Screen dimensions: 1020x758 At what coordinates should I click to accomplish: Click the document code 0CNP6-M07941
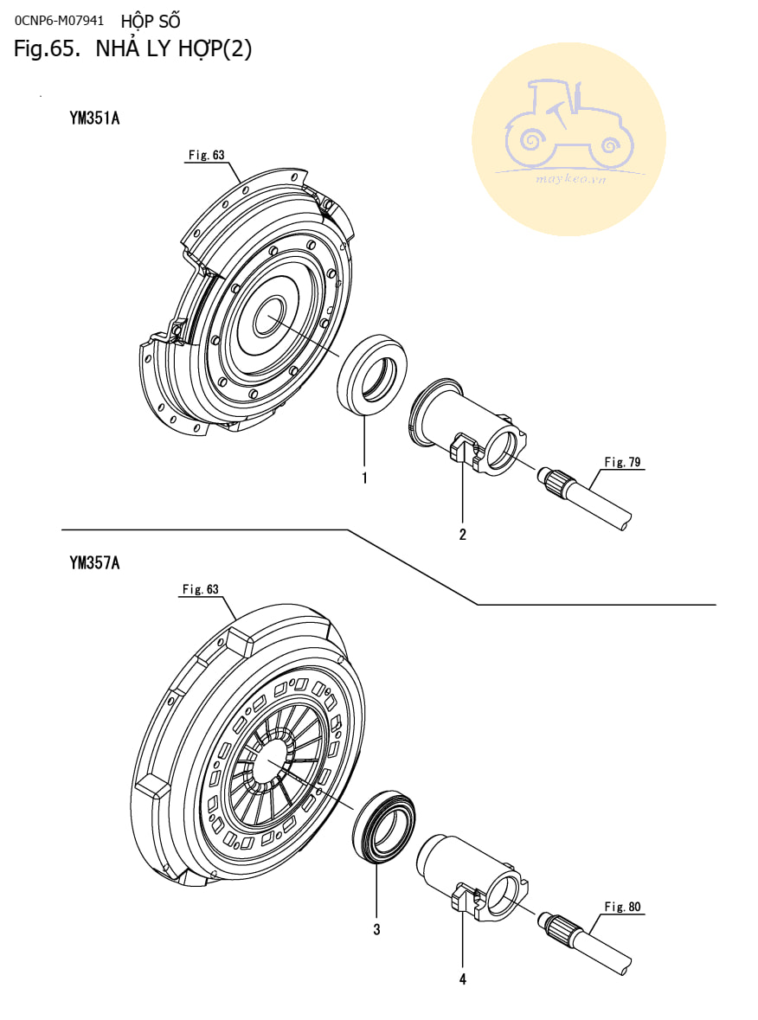[x=59, y=18]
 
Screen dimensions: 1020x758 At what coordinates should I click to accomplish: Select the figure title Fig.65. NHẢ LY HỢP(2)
[x=132, y=49]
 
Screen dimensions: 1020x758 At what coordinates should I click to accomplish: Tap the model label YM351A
[x=94, y=119]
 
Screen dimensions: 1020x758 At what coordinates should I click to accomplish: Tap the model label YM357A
[x=94, y=563]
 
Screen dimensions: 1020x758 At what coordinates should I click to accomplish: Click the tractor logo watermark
[x=568, y=139]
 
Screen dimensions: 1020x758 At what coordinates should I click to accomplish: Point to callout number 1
[x=365, y=478]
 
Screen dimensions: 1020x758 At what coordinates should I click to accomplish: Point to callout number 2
[x=463, y=534]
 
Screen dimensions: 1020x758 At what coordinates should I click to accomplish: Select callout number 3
[x=376, y=930]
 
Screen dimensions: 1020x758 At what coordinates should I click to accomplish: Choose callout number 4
[x=463, y=979]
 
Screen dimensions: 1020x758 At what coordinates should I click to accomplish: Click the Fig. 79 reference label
[x=622, y=462]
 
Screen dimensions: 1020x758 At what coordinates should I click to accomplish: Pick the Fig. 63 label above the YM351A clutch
[x=206, y=155]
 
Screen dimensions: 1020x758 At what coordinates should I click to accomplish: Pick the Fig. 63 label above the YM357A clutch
[x=200, y=589]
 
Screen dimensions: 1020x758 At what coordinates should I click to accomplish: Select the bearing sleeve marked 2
[x=472, y=428]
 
